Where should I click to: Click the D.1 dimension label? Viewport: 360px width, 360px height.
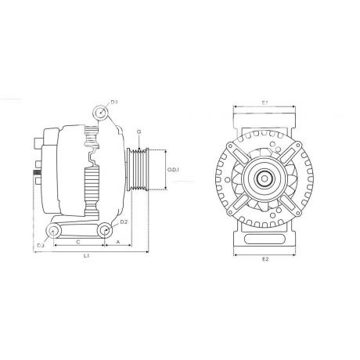point(114,103)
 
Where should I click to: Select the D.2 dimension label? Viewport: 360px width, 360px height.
point(124,223)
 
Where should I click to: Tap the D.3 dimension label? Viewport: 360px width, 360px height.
point(41,247)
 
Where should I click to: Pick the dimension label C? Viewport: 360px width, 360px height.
point(78,242)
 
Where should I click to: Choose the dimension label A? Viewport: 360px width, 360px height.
point(117,242)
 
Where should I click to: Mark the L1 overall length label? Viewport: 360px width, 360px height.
point(86,256)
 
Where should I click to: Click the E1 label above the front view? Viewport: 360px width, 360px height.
point(265,103)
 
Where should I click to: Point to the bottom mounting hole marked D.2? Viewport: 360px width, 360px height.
point(104,229)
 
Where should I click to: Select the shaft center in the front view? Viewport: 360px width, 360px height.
point(265,178)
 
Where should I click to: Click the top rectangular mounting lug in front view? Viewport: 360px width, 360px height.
point(265,118)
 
